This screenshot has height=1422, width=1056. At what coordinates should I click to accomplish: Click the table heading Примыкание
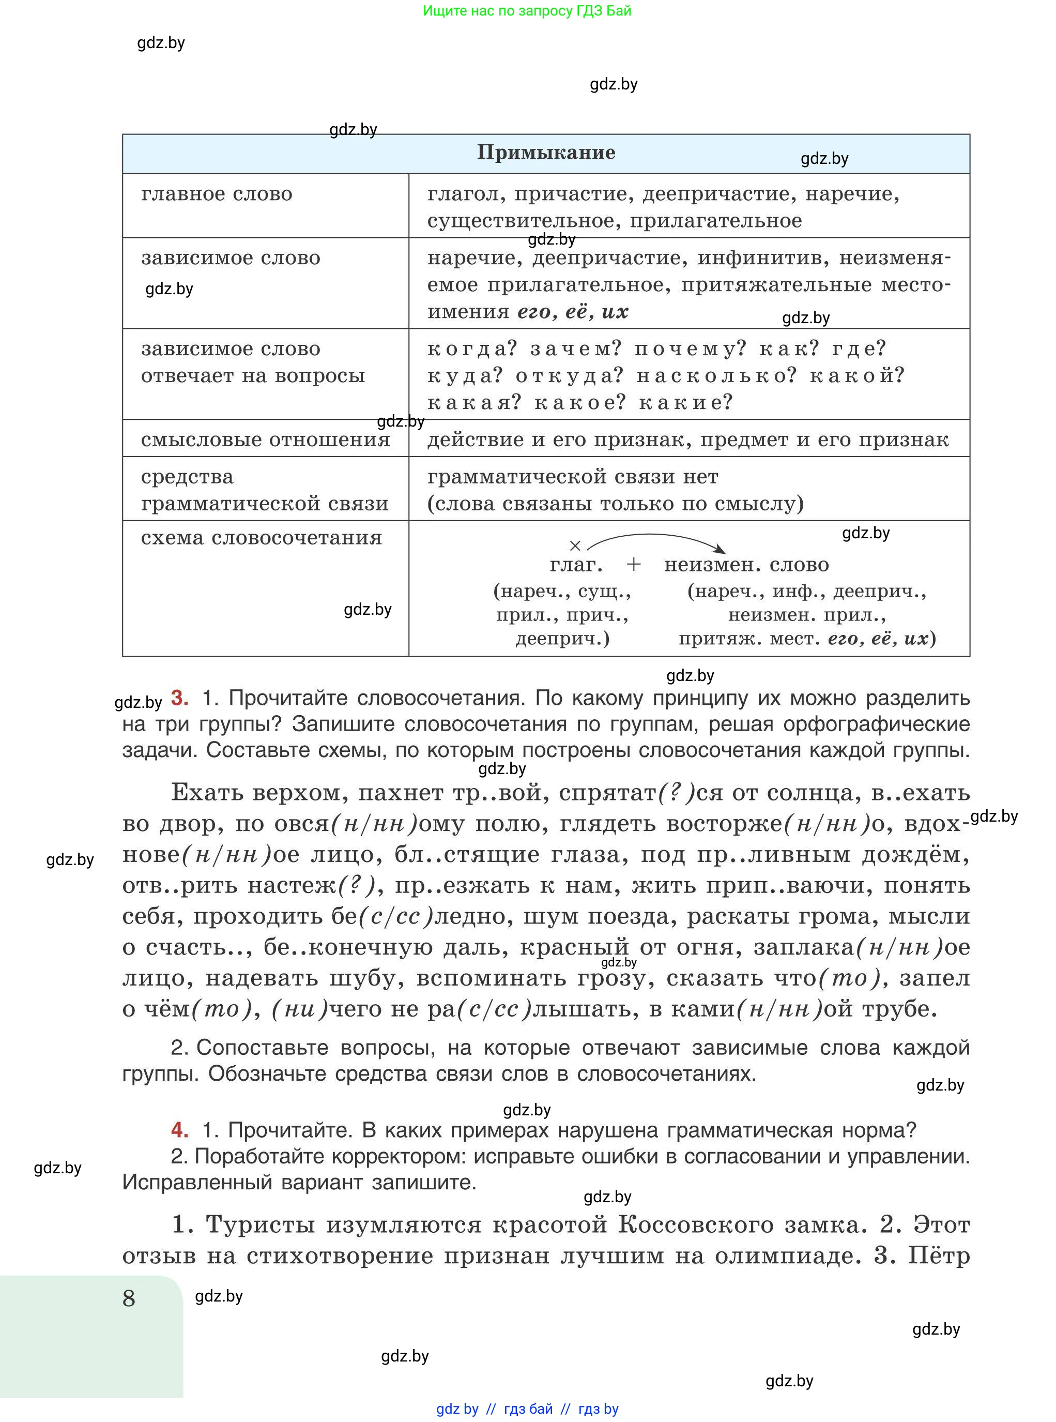click(546, 153)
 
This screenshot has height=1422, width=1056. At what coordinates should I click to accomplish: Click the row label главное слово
click(217, 194)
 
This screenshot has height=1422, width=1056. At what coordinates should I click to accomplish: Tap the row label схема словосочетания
click(262, 538)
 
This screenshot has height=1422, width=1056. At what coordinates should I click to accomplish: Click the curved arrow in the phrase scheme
click(655, 536)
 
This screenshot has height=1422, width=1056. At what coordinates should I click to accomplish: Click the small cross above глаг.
click(575, 546)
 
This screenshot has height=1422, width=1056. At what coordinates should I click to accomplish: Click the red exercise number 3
click(180, 698)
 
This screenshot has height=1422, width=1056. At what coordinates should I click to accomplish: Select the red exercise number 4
click(180, 1130)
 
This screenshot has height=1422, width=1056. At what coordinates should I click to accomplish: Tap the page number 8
click(129, 1298)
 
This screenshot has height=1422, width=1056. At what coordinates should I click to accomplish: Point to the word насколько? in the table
click(716, 375)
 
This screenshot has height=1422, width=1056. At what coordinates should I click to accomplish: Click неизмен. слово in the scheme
click(746, 565)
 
